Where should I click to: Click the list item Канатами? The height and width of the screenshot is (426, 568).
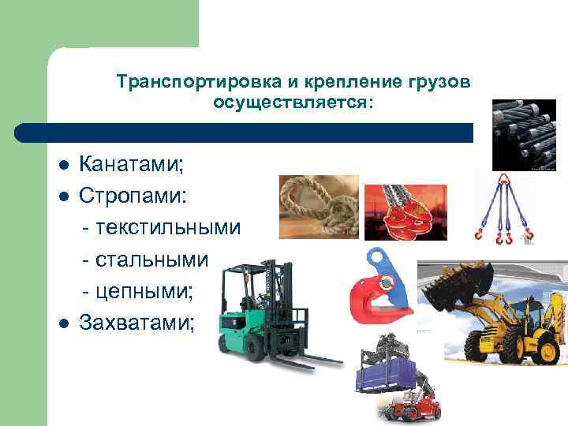[131, 165]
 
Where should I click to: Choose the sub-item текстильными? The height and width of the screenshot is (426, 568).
[162, 227]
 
